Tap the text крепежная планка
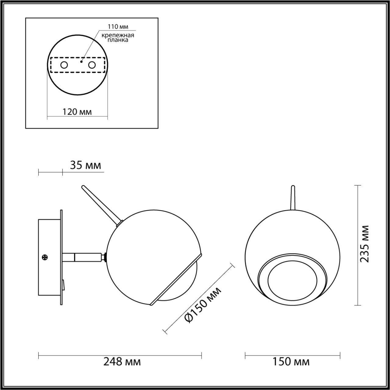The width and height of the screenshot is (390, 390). point(118,37)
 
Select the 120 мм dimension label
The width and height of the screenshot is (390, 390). point(77,112)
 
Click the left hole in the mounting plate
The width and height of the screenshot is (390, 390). point(64,65)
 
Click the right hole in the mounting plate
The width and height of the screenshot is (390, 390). point(92,65)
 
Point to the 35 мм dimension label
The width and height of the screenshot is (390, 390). point(85,165)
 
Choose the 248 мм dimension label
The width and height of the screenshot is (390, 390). point(122,362)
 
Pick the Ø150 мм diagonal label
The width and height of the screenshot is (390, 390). point(203,305)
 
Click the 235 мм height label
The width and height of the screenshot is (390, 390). point(364,244)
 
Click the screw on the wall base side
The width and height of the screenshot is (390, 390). point(45,257)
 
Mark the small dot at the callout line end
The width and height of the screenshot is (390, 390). point(81,61)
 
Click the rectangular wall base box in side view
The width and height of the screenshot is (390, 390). point(49,257)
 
